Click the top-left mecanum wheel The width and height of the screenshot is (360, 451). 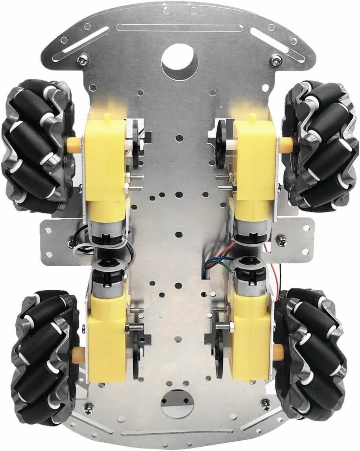tap(37, 145)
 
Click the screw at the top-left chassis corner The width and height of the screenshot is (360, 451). tap(82, 60)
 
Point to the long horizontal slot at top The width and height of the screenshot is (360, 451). tap(180, 28)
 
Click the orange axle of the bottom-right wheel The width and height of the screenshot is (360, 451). tap(278, 351)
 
